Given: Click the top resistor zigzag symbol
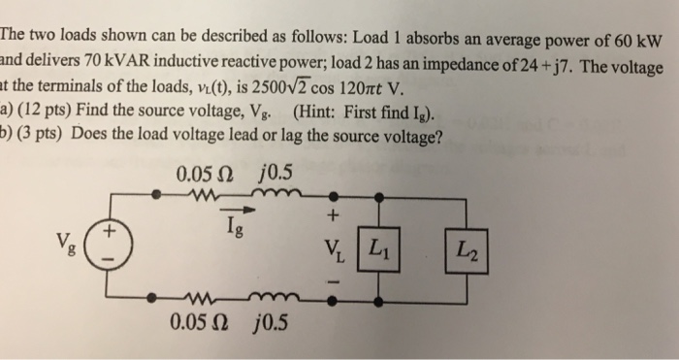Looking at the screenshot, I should tap(203, 195).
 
